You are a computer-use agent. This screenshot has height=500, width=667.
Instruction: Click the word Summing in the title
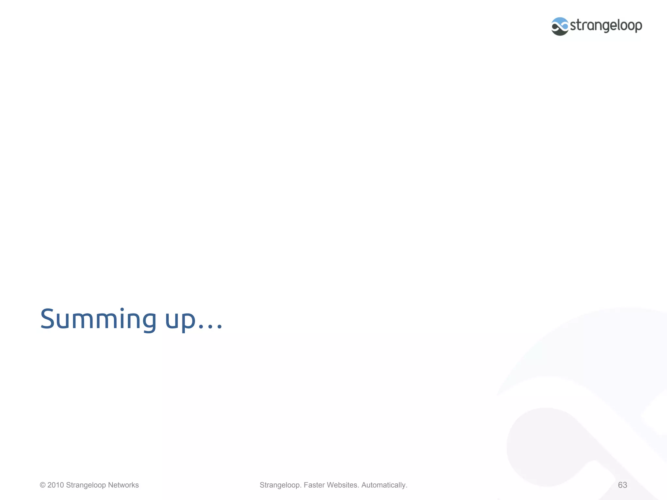pos(98,319)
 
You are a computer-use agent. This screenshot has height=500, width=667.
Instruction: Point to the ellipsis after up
pos(210,327)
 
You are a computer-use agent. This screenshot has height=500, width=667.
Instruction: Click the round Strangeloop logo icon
pos(560,26)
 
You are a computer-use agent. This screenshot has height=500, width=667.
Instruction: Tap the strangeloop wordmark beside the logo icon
pos(606,25)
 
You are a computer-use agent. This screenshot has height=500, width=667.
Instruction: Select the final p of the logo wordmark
pos(638,27)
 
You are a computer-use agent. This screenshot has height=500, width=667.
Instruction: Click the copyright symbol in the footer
pos(43,485)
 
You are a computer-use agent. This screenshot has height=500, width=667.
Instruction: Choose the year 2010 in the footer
pos(56,485)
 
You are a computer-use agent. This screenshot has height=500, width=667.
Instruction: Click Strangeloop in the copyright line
pos(86,485)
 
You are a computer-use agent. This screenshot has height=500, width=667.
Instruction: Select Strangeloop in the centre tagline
pos(280,485)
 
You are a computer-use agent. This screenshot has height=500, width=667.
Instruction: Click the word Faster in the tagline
pos(314,485)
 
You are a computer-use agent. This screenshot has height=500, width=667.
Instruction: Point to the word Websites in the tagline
pos(343,485)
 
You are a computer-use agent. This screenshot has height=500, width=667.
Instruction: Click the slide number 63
pos(622,485)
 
